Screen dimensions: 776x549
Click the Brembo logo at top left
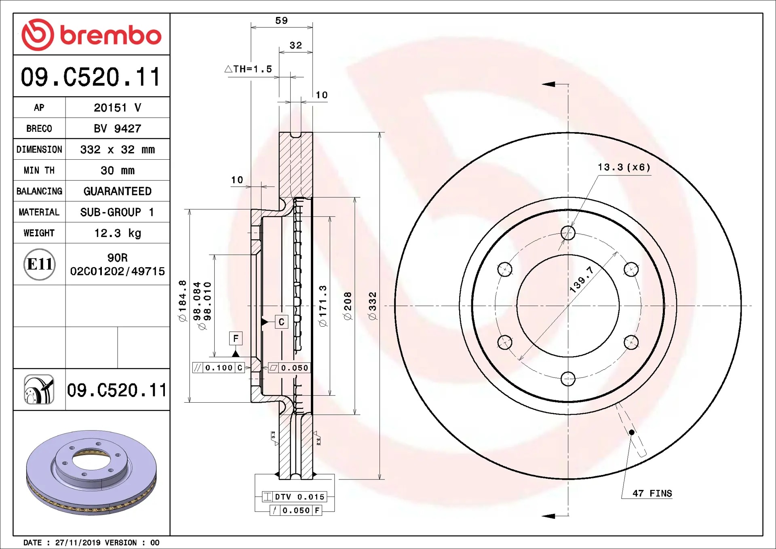tap(91, 35)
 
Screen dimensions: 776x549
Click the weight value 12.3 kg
tap(118, 233)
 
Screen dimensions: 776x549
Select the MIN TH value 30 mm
tap(118, 171)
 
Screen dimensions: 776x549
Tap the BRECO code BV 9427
tap(118, 129)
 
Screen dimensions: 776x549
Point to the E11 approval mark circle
tap(40, 264)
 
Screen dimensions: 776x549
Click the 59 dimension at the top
tap(282, 21)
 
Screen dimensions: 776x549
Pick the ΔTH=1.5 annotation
tap(249, 69)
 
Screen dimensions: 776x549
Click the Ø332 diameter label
tap(373, 306)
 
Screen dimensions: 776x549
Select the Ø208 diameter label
tap(348, 306)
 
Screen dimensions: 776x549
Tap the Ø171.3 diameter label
tap(323, 306)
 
